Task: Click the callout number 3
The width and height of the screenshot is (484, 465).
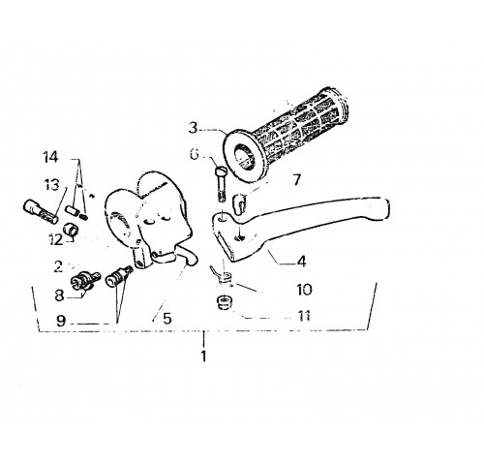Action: [x=193, y=128]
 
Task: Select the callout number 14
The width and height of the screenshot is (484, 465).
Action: [x=51, y=157]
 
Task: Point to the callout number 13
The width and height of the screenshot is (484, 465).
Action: [x=52, y=185]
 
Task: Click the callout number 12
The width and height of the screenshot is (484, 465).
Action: [x=55, y=239]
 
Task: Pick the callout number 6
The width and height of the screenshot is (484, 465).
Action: [x=195, y=155]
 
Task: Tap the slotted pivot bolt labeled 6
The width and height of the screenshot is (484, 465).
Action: [x=221, y=184]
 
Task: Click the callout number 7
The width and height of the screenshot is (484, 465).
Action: [x=296, y=179]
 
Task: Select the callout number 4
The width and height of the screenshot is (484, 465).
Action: [x=301, y=261]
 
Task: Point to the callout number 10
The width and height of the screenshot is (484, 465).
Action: [x=305, y=290]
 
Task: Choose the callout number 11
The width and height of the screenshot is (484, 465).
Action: [x=303, y=316]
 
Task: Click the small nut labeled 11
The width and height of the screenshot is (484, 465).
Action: [x=224, y=302]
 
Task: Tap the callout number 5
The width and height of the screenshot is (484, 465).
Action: [x=166, y=319]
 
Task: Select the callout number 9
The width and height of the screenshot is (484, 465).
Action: [x=61, y=321]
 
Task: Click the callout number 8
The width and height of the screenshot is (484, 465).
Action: [x=59, y=295]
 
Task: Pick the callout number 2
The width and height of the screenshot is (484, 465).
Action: [x=58, y=266]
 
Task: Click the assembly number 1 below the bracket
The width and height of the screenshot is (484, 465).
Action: [x=203, y=356]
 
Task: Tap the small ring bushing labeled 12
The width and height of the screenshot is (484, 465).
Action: [x=73, y=230]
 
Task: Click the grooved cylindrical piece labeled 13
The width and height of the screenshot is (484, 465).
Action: [x=41, y=211]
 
